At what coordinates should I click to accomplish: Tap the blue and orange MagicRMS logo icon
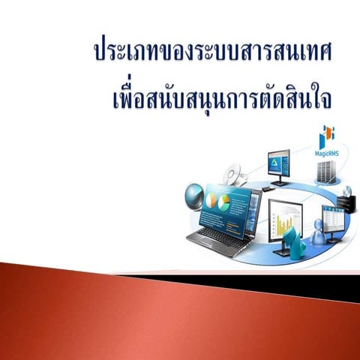(x=326, y=136)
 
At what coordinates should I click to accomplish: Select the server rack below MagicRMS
(x=325, y=171)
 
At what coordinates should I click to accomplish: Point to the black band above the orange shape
(x=300, y=279)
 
